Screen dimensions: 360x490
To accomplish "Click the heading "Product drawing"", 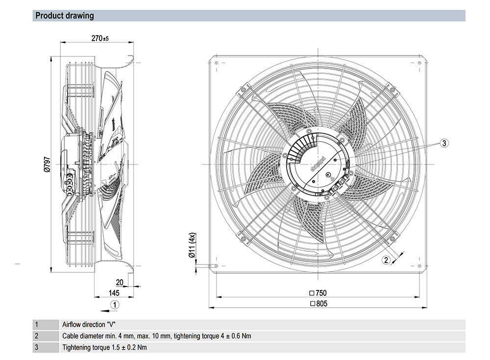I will click(64, 16).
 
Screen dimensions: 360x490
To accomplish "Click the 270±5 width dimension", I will click(99, 38).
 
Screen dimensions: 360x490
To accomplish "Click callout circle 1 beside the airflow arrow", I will click(114, 305).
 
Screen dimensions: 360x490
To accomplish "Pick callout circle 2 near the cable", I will click(386, 260).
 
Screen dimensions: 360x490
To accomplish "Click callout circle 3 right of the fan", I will click(443, 143).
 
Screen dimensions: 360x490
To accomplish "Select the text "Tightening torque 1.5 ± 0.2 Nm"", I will click(104, 348).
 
